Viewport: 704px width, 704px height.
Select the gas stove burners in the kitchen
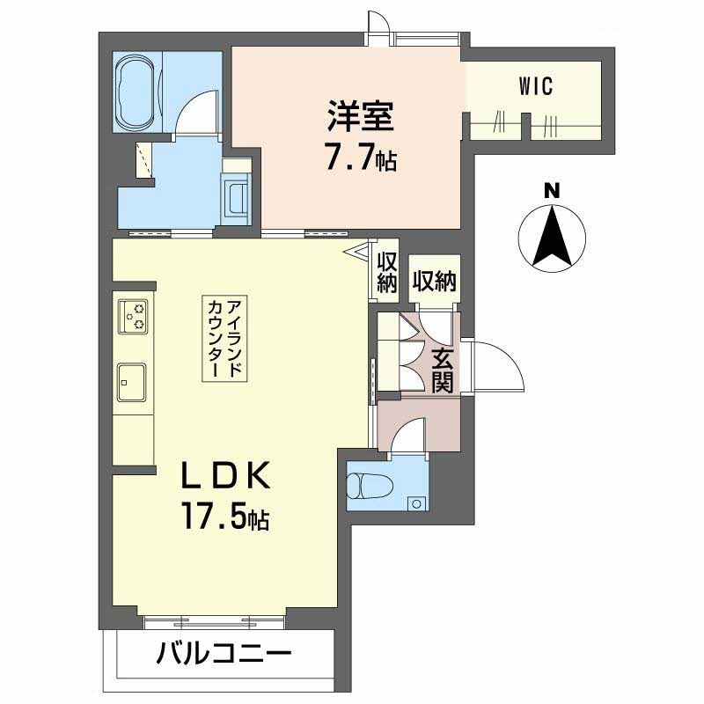coord(133,317)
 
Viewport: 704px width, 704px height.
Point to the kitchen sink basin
coord(131,382)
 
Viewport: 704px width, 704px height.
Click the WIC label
coord(535,86)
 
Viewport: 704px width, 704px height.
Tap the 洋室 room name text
coord(361,116)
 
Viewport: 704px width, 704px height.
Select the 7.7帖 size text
coord(361,158)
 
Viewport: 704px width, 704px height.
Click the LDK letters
coord(225,475)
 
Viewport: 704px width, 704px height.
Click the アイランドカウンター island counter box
coord(224,339)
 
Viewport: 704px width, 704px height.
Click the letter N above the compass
coord(552,191)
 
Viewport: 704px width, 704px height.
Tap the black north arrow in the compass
coord(552,235)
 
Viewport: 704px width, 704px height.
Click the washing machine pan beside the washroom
coord(235,199)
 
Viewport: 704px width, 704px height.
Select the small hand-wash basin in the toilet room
coord(416,503)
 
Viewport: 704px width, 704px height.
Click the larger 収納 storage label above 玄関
coord(434,281)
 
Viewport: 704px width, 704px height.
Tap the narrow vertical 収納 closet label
coord(387,273)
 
